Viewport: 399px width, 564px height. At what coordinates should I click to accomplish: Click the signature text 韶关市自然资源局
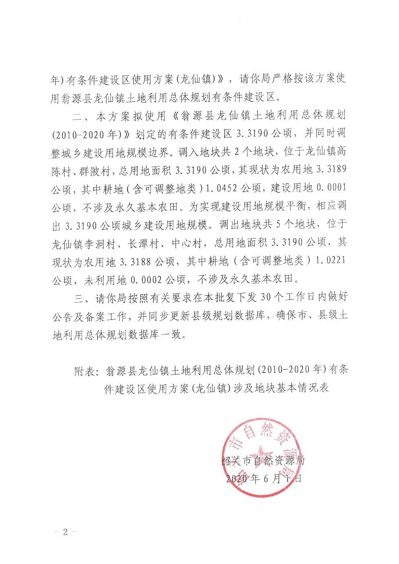click(263, 459)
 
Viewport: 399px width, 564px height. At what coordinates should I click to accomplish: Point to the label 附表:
click(87, 371)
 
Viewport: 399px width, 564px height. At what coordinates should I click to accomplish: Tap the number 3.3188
click(135, 262)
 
